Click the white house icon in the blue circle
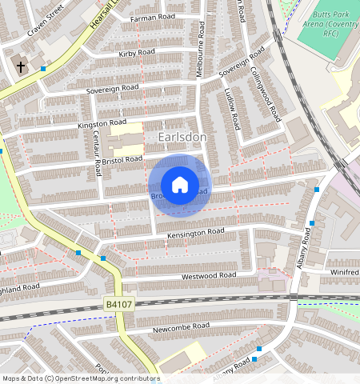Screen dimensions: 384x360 [x=180, y=185]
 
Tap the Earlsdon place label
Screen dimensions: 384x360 [x=182, y=138]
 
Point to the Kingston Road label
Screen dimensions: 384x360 [x=102, y=124]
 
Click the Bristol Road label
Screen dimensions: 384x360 [x=122, y=160]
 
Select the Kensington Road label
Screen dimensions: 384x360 [x=195, y=234]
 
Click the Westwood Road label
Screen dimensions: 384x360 [x=209, y=276]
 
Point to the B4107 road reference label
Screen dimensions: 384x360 [x=119, y=305]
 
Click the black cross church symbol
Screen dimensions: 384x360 [x=20, y=67]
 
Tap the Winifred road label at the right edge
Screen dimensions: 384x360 [x=344, y=273]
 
